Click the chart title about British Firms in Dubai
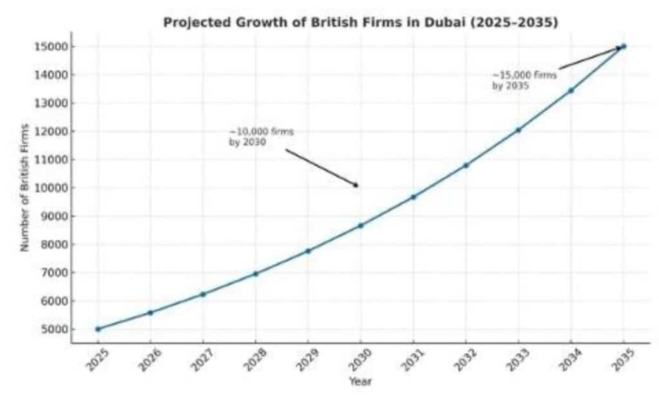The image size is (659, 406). click(360, 23)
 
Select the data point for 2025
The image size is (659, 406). click(98, 329)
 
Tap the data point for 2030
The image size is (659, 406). click(360, 226)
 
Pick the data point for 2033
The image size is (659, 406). click(518, 130)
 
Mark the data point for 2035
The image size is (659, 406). click(623, 46)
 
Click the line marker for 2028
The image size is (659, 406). click(255, 274)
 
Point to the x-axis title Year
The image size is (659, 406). click(360, 382)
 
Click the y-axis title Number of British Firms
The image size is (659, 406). click(25, 188)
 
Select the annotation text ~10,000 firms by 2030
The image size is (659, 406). click(261, 137)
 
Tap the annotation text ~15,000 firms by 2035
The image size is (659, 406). click(524, 81)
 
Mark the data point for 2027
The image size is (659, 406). click(203, 294)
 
